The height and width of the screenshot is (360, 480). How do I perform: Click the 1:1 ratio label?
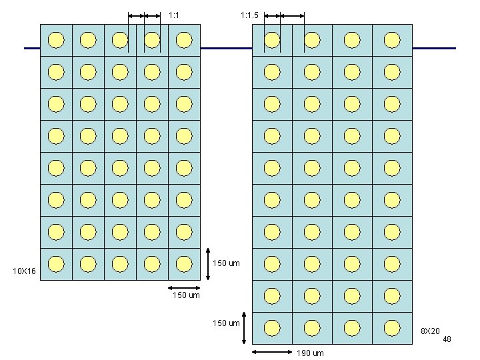174,15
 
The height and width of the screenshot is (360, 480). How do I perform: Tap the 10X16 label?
25,271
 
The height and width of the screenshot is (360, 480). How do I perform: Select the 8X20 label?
429,331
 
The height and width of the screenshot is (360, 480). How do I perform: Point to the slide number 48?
447,339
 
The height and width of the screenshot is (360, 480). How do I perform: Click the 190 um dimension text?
310,353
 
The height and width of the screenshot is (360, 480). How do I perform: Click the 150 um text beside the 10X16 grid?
225,263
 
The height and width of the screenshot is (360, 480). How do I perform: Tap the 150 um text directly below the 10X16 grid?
186,295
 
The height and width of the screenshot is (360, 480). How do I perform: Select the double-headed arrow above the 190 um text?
271,352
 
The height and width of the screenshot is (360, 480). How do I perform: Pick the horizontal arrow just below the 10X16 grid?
184,288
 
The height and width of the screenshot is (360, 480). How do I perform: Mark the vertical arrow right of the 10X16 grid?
208,264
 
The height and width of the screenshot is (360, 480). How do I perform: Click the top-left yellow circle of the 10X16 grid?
56,40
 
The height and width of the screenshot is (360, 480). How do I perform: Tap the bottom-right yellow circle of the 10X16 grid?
184,264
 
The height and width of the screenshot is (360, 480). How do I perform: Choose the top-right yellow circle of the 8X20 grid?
392,40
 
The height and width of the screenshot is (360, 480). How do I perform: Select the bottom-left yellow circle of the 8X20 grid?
272,328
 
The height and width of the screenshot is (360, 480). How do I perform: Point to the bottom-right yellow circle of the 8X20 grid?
392,328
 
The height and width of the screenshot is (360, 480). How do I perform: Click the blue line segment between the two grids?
226,48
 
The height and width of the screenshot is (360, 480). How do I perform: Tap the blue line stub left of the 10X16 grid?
32,48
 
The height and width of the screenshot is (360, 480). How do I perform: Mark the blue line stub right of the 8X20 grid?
434,48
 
